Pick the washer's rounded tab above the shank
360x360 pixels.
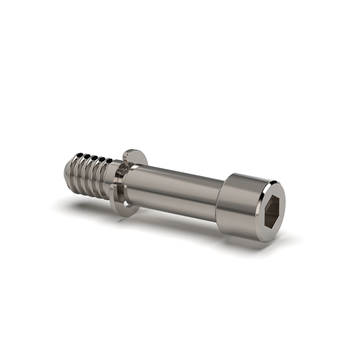(133, 156)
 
